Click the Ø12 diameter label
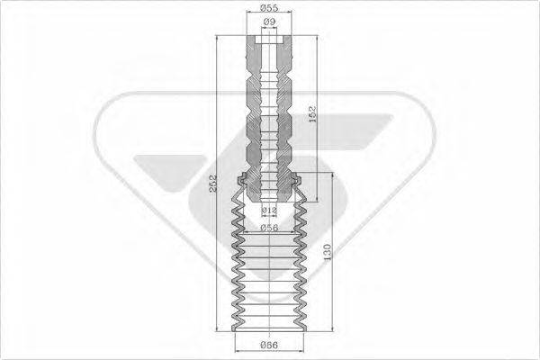pos(268,210)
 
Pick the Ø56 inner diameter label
pos(268,228)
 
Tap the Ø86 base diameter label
pos(268,345)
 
